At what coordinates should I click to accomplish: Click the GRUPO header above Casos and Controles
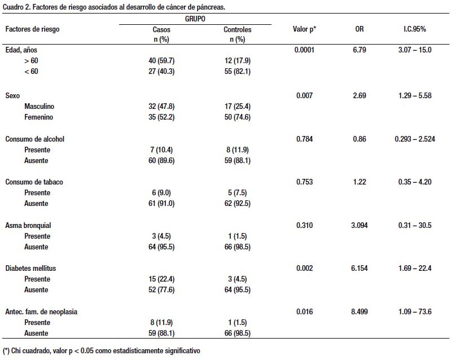pyautogui.click(x=195, y=19)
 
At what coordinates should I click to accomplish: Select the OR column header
pyautogui.click(x=359, y=29)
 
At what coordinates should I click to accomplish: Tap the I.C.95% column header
pyautogui.click(x=414, y=29)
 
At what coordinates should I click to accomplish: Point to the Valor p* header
pyautogui.click(x=304, y=29)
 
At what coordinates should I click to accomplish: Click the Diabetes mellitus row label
pyautogui.click(x=30, y=268)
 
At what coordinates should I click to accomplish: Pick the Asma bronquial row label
pyautogui.click(x=28, y=225)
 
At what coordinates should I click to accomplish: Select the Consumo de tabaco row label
pyautogui.click(x=34, y=182)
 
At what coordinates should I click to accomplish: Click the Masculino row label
pyautogui.click(x=39, y=107)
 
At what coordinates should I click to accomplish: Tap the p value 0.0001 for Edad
pyautogui.click(x=304, y=50)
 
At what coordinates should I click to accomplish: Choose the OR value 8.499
pyautogui.click(x=359, y=311)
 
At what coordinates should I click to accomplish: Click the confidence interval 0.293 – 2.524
pyautogui.click(x=415, y=139)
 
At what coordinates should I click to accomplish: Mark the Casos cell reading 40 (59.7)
pyautogui.click(x=161, y=61)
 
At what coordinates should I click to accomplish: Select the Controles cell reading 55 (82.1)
pyautogui.click(x=237, y=71)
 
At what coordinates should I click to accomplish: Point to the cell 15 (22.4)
pyautogui.click(x=161, y=279)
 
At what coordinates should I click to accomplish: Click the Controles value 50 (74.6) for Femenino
pyautogui.click(x=237, y=117)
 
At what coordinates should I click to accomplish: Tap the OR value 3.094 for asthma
pyautogui.click(x=359, y=225)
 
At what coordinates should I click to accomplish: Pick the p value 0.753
pyautogui.click(x=304, y=182)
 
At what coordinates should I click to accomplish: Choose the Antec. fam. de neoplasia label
pyautogui.click(x=41, y=311)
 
